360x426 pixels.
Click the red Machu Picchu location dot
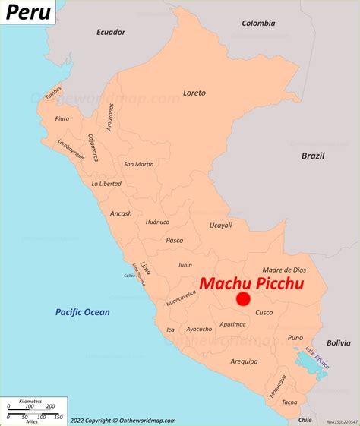243,299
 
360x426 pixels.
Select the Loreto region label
194,93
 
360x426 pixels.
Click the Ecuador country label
110,32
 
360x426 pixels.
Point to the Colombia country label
258,23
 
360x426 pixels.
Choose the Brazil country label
312,156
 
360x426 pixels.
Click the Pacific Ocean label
82,312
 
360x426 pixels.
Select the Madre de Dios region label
284,270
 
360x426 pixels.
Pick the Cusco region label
264,313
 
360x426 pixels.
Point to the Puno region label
295,337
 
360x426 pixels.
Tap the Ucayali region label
221,226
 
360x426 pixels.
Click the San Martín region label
139,164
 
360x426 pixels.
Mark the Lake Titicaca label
317,358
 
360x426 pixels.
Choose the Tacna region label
290,402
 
